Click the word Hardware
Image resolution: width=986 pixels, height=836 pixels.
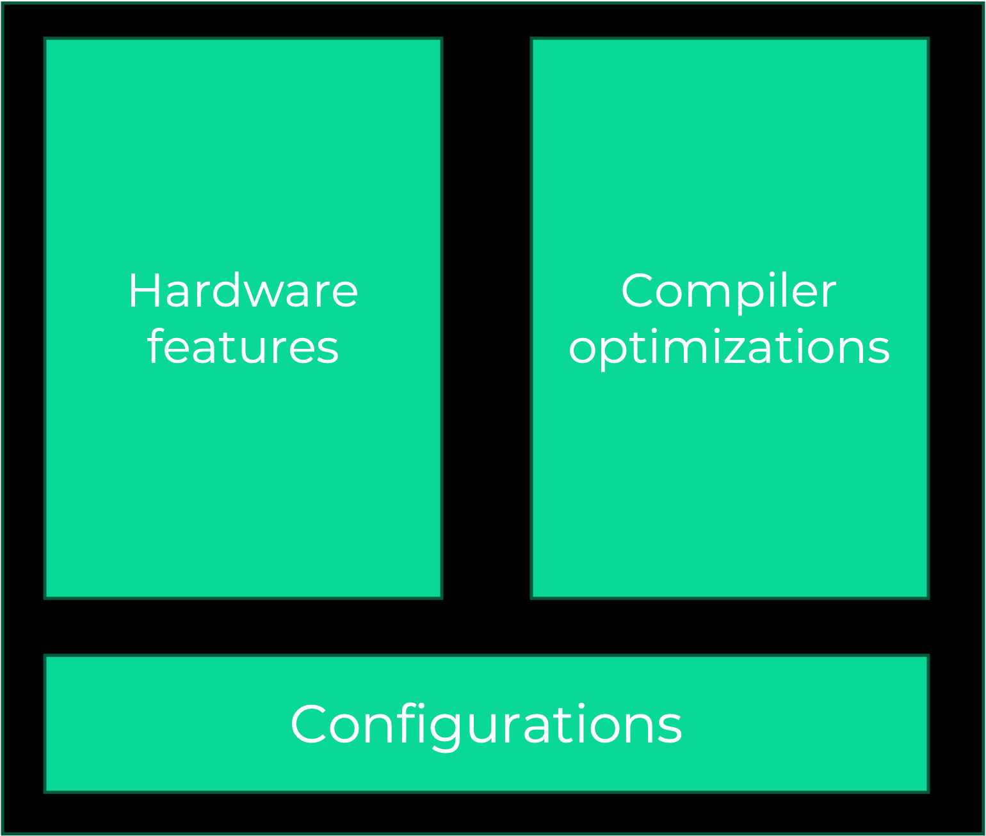[x=243, y=291]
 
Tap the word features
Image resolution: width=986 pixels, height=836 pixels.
[x=243, y=348]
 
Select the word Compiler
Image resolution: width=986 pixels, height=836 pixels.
[x=729, y=291]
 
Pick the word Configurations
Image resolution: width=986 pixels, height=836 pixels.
[x=486, y=725]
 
